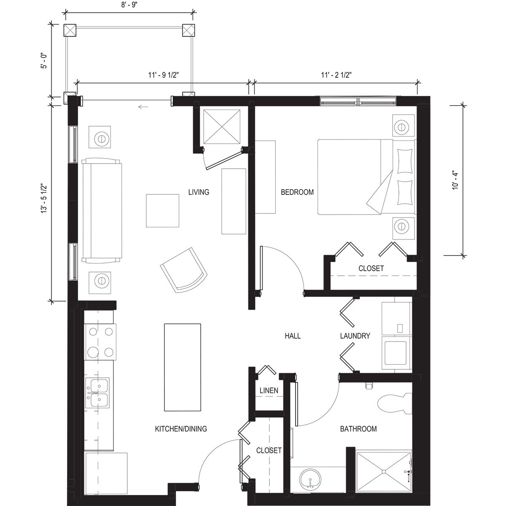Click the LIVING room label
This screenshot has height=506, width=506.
pyautogui.click(x=199, y=192)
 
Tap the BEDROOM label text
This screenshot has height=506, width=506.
pyautogui.click(x=297, y=192)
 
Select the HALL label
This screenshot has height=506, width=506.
pyautogui.click(x=293, y=336)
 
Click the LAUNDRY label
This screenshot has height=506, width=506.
pyautogui.click(x=355, y=336)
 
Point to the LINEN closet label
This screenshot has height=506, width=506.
pyautogui.click(x=269, y=390)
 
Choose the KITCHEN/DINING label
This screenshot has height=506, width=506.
pyautogui.click(x=181, y=429)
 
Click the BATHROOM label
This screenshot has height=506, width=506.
pyautogui.click(x=358, y=429)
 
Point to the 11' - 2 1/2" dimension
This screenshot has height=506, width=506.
pyautogui.click(x=336, y=75)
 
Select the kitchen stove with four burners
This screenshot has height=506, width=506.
pyautogui.click(x=100, y=342)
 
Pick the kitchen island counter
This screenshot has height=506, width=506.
pyautogui.click(x=183, y=367)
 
